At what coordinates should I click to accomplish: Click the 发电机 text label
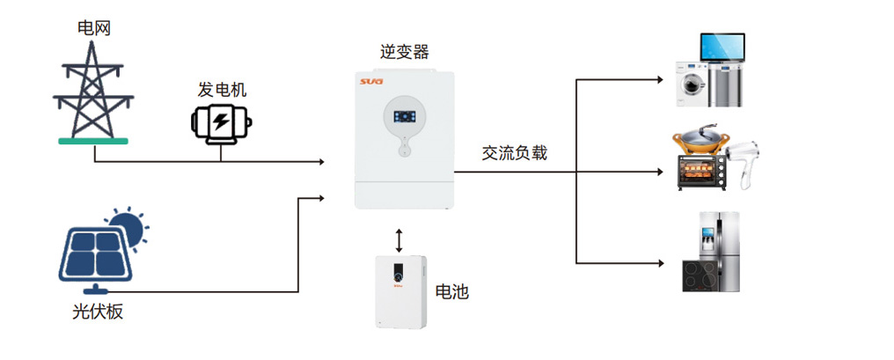click(x=222, y=89)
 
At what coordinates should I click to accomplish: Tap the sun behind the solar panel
click(x=129, y=226)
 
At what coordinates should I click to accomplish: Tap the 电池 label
click(x=452, y=291)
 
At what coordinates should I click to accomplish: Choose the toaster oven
click(x=701, y=171)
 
